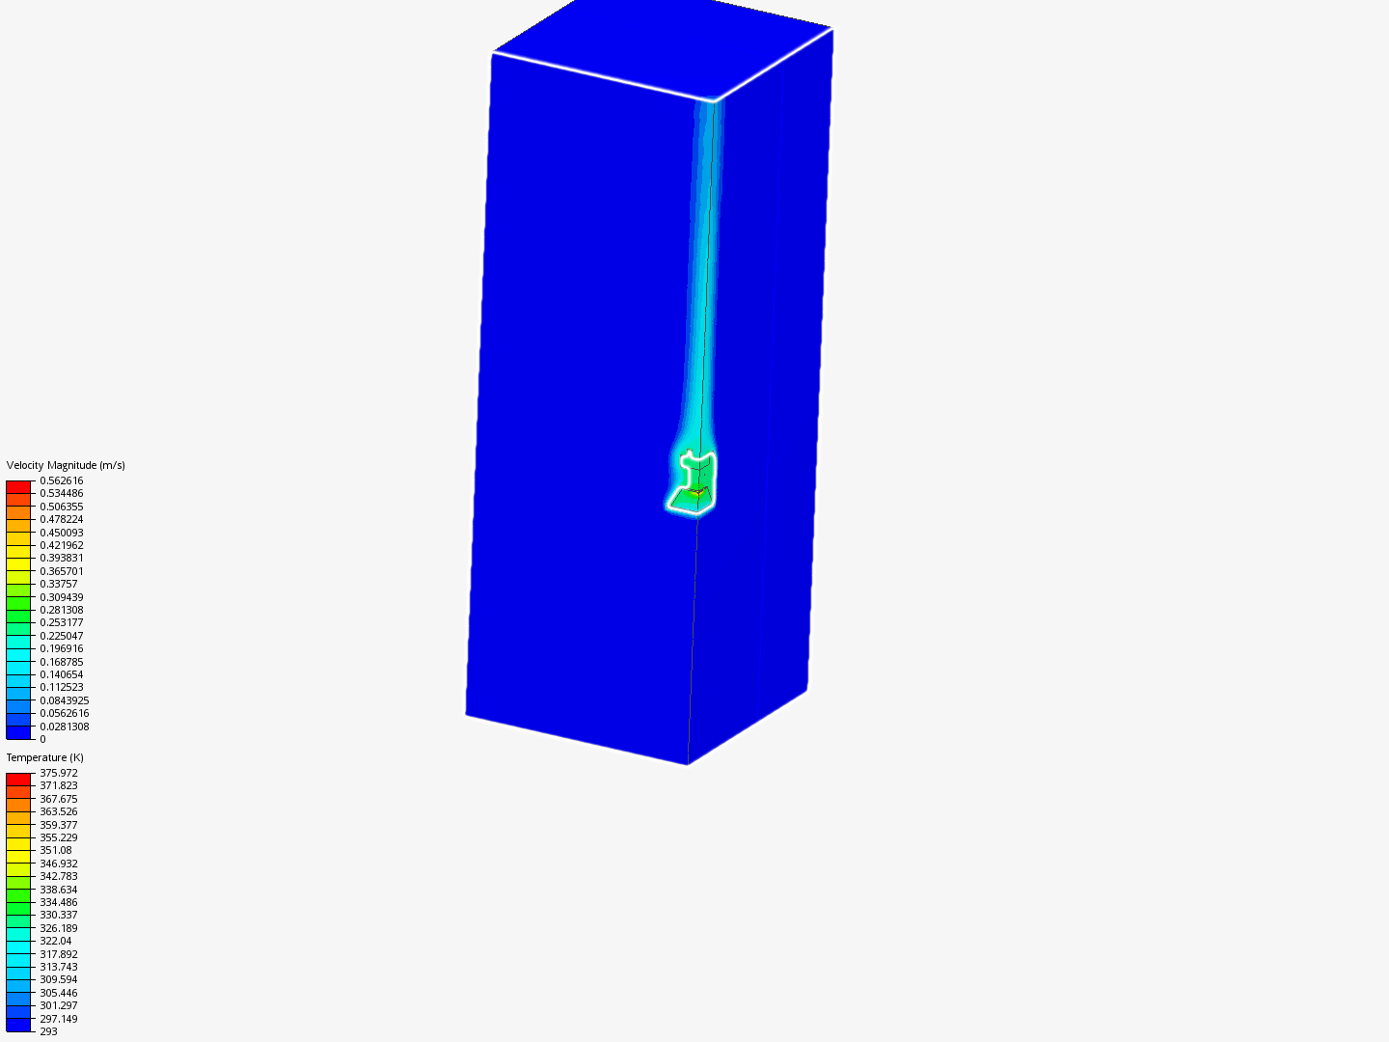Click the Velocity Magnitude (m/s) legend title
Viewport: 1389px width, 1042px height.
[x=66, y=465]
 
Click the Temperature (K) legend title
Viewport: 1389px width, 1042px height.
[x=45, y=757]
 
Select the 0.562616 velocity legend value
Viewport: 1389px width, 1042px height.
[x=61, y=480]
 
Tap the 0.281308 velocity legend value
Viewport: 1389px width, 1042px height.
[x=61, y=610]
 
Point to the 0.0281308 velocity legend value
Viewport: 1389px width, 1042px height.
[x=64, y=727]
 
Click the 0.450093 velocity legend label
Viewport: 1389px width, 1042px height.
[x=61, y=533]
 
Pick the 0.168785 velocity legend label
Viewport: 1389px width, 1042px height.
[x=61, y=662]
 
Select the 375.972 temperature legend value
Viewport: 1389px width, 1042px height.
[x=58, y=773]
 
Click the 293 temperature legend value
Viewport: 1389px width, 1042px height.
[x=48, y=1031]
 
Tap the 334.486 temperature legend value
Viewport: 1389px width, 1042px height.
[x=58, y=902]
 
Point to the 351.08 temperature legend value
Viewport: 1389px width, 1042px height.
[x=55, y=850]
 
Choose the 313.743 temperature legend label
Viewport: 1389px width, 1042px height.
[x=58, y=967]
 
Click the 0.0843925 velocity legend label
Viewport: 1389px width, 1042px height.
[x=64, y=700]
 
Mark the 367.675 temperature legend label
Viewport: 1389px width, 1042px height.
[x=58, y=799]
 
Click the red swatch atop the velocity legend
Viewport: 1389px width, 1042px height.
[x=18, y=487]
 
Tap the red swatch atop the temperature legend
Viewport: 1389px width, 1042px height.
[x=18, y=779]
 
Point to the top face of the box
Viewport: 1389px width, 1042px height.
[x=666, y=43]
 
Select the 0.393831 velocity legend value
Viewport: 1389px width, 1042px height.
[x=61, y=558]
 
